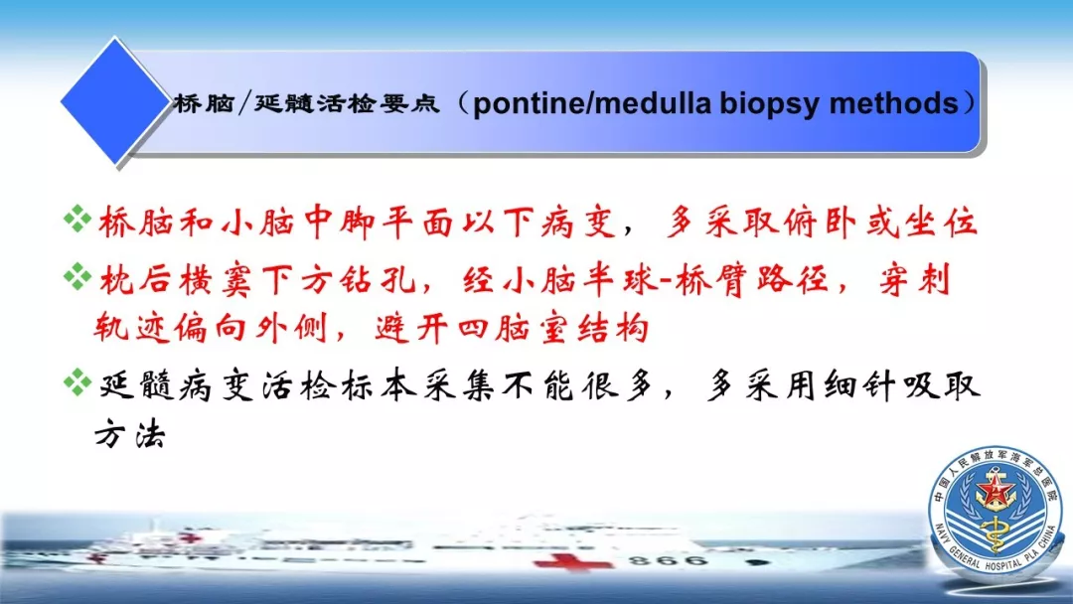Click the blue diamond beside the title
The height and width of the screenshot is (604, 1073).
click(114, 101)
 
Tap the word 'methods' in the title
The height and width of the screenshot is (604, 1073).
click(893, 103)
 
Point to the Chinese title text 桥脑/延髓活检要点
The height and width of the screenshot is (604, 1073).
click(306, 103)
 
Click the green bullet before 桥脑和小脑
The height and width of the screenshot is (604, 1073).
click(77, 219)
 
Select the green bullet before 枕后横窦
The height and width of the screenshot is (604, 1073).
click(77, 277)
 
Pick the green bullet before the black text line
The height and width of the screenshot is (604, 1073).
click(77, 382)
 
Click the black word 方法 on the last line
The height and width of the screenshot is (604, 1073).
click(130, 433)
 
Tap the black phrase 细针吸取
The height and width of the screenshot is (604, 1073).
click(902, 385)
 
